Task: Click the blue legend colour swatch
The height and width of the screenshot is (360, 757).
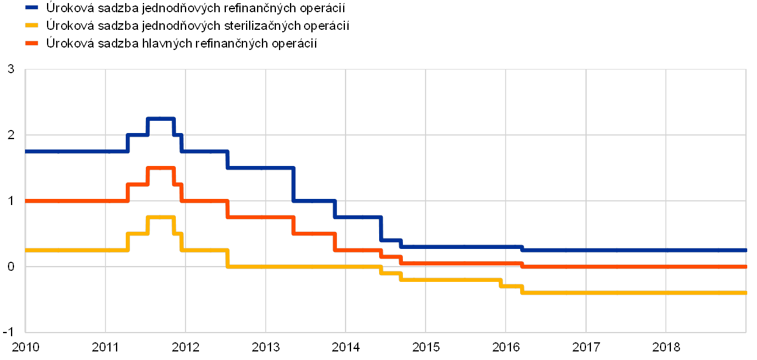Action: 32,8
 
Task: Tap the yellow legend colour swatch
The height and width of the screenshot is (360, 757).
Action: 32,26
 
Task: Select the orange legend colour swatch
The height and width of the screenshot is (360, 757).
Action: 32,43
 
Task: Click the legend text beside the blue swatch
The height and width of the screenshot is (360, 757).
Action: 196,8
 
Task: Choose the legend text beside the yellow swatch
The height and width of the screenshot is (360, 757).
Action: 198,26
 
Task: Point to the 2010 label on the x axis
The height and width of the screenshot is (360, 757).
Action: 26,347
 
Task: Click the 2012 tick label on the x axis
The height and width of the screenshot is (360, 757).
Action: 186,347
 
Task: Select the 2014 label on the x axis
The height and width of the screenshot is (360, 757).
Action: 346,347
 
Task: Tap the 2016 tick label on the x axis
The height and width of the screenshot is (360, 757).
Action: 506,347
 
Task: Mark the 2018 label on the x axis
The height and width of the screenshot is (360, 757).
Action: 666,347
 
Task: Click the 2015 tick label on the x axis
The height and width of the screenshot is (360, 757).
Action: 426,347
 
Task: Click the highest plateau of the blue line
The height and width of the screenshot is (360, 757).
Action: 161,118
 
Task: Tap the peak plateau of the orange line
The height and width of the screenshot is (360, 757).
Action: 161,168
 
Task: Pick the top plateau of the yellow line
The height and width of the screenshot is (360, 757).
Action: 161,217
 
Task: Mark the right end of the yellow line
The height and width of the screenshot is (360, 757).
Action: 745,293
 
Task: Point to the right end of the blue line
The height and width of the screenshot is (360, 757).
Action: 745,250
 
